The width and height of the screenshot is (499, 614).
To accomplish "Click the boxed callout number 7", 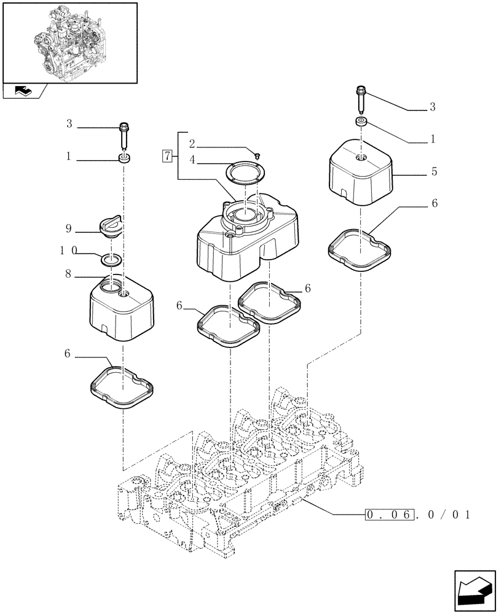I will point(167,155).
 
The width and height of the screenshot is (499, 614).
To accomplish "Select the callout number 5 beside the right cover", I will point(434,173).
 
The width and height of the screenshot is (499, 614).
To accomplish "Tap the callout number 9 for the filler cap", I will point(69,229).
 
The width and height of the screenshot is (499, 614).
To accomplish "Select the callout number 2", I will point(192,144).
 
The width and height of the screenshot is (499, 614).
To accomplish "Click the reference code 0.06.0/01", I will point(417,514).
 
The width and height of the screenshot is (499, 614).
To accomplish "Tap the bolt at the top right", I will point(360,96).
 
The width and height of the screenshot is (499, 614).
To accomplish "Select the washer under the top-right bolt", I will point(361,122).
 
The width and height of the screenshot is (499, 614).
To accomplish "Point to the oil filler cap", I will point(110,228).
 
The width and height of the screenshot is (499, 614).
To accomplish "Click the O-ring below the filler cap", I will point(112,260).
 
